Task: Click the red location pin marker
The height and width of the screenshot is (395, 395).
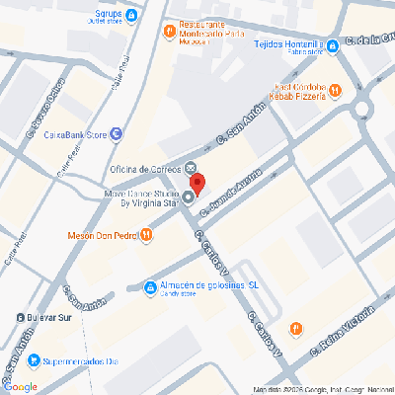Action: click(197, 184)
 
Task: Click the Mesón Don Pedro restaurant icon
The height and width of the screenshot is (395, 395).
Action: click(147, 235)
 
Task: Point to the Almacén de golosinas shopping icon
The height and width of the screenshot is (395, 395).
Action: click(149, 286)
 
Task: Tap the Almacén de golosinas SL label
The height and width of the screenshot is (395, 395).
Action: click(208, 285)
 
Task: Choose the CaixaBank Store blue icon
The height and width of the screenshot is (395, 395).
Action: click(118, 133)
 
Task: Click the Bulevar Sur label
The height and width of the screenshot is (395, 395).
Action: click(53, 317)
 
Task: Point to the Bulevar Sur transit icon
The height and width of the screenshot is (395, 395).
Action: click(22, 317)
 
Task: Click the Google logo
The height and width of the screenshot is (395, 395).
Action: click(21, 386)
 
